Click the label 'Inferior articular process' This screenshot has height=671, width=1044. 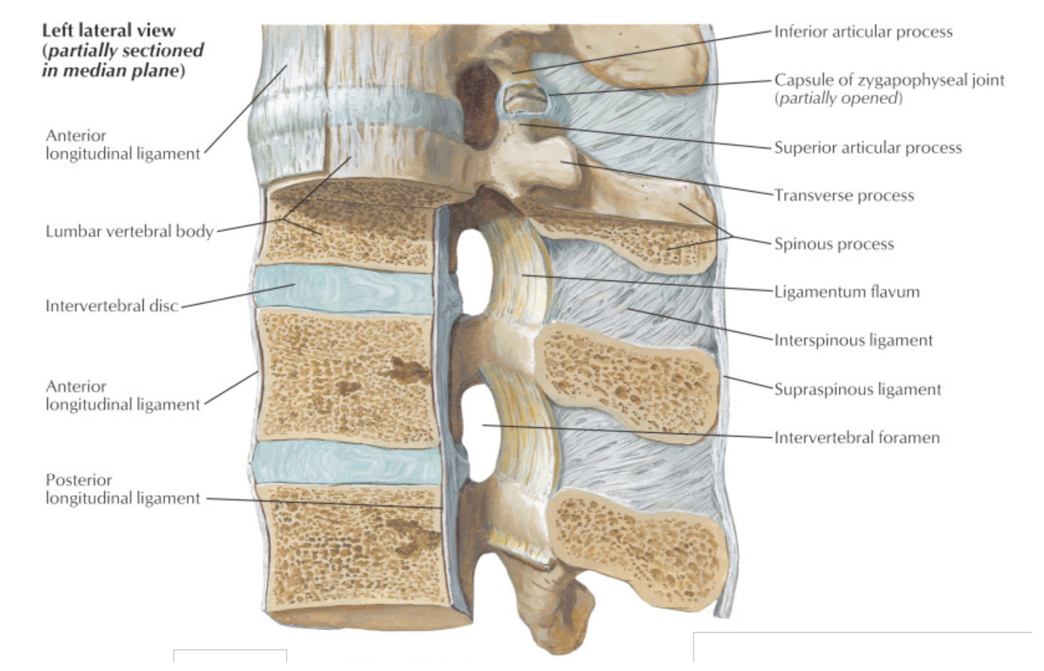[x=863, y=32]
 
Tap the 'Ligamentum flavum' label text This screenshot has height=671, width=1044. [x=847, y=292]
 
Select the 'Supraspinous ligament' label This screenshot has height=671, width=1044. [x=857, y=389]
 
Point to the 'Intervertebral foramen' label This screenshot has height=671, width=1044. [x=857, y=437]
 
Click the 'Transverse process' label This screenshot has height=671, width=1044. [x=844, y=195]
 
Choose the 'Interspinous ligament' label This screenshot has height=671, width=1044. [x=853, y=341]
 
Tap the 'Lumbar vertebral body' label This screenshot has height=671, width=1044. [x=129, y=231]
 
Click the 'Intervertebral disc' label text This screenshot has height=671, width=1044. [x=112, y=306]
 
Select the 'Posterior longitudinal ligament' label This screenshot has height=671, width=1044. [x=123, y=489]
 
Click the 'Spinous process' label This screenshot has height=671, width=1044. [x=834, y=244]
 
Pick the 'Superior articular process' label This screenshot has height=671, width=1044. [x=868, y=148]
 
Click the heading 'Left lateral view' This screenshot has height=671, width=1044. [x=109, y=30]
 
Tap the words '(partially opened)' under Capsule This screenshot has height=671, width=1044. [x=838, y=99]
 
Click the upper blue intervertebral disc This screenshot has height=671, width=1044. [x=343, y=288]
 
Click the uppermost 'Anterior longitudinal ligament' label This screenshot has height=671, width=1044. [x=123, y=145]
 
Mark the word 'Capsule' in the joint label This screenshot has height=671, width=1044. [x=804, y=81]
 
